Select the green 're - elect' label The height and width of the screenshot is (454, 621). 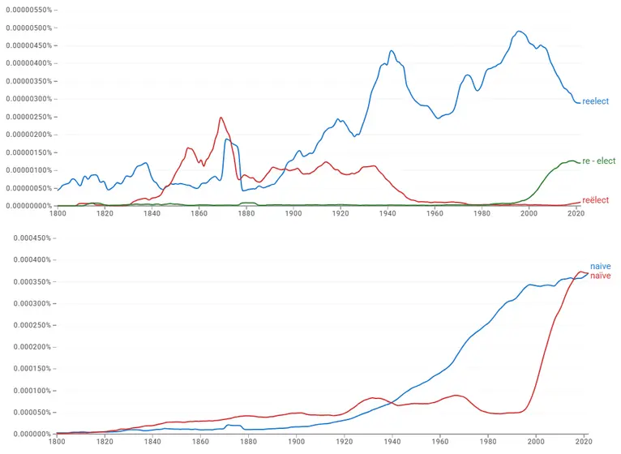(599, 161)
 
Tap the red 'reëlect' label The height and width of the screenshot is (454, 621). (596, 200)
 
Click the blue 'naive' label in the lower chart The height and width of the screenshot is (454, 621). (600, 266)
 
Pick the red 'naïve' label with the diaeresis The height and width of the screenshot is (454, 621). (600, 276)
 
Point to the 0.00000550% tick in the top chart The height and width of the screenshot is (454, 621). (29, 10)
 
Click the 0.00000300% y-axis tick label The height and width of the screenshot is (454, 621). (29, 99)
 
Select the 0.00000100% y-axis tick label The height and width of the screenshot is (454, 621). (29, 170)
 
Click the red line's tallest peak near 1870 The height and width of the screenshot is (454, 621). (221, 118)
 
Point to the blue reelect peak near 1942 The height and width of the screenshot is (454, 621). (392, 51)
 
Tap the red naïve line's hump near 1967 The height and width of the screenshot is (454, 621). (458, 395)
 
